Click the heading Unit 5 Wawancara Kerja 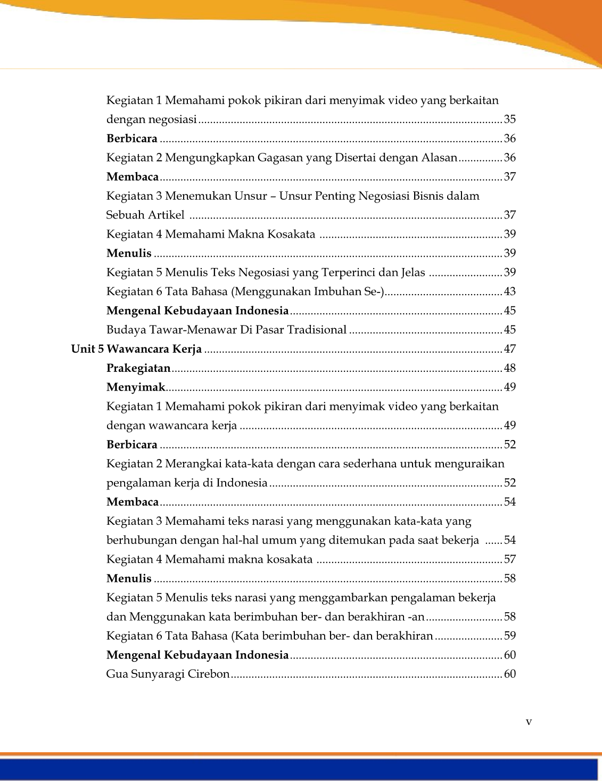pos(136,349)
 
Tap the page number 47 pos(510,349)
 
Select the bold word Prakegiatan pos(138,368)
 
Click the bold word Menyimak pos(136,387)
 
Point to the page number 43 pos(510,291)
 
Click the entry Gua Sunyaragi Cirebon pos(168,674)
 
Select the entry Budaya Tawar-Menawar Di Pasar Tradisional pos(226,330)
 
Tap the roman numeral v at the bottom pos(529,722)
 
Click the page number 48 pos(510,368)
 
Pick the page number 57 pos(510,559)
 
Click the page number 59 pos(510,636)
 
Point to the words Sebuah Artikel pos(145,215)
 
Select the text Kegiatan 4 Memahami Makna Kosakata pos(211,234)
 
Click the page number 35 pos(510,119)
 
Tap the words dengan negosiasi pos(152,119)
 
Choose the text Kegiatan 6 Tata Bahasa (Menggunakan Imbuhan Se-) pos(245,291)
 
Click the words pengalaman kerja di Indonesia pos(187,483)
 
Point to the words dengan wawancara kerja pos(171,425)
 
